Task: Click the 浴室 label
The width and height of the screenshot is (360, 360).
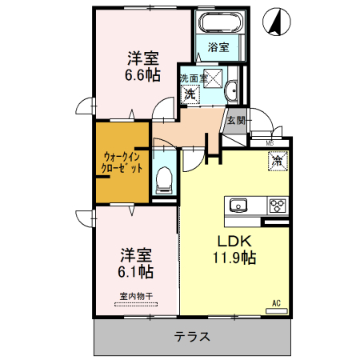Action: (x=219, y=47)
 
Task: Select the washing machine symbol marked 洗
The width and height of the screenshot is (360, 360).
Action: (x=190, y=94)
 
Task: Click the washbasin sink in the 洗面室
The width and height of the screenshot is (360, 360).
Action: (x=231, y=89)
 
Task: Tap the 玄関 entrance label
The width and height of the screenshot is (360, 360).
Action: (x=235, y=121)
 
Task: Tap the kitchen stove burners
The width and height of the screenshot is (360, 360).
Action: (x=277, y=205)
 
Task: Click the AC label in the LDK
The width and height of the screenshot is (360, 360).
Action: (x=275, y=302)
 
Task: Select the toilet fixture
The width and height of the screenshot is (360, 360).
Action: (x=164, y=179)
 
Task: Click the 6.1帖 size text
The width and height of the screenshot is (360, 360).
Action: (x=137, y=271)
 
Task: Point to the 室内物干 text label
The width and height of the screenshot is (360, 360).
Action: (x=136, y=296)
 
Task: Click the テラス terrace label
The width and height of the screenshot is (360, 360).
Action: (x=192, y=337)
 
